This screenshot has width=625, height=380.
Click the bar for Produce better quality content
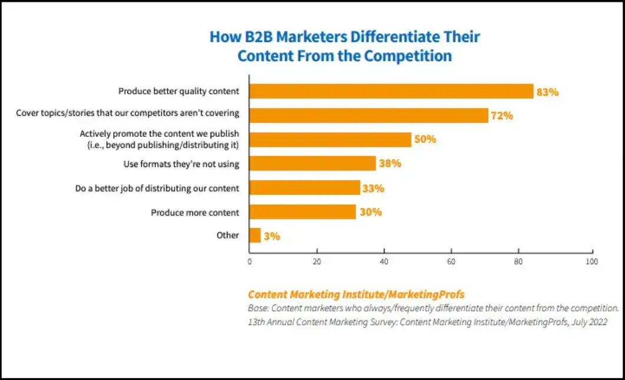(x=391, y=91)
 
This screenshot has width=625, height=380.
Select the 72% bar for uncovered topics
(x=369, y=115)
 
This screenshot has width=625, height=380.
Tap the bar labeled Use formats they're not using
(x=312, y=163)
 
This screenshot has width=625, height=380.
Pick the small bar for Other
(x=255, y=235)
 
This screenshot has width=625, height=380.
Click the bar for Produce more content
(x=302, y=212)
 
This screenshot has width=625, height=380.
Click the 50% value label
(x=425, y=139)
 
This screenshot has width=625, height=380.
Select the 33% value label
(x=373, y=188)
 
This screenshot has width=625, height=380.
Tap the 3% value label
(x=272, y=236)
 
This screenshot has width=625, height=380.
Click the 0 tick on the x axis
(x=250, y=261)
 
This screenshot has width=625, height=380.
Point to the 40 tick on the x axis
(x=384, y=261)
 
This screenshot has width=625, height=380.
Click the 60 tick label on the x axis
(x=452, y=261)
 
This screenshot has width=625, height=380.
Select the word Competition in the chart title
(x=408, y=56)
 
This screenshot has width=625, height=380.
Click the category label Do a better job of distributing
(x=157, y=188)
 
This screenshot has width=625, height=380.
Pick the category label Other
(x=228, y=235)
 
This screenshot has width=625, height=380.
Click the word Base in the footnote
(x=258, y=309)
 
